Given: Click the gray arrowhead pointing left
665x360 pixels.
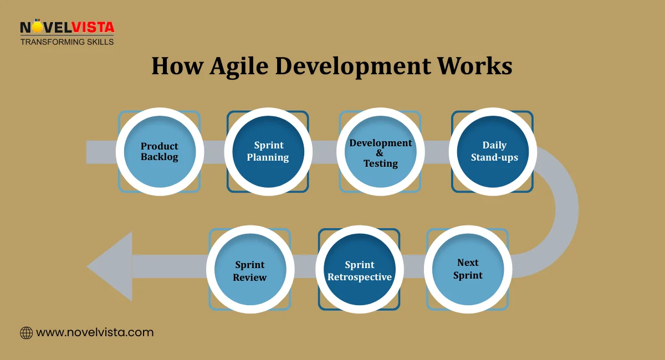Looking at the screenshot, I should tap(110, 266).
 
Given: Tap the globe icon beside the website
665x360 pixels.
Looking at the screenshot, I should tap(26, 333).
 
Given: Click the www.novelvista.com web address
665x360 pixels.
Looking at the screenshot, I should tap(95, 333).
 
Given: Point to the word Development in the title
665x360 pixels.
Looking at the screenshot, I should tap(352, 66).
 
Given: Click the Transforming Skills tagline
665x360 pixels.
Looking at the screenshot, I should tap(67, 42).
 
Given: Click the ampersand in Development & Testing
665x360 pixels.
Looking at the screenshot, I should tap(380, 153).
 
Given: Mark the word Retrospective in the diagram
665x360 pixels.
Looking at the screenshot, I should tap(360, 277).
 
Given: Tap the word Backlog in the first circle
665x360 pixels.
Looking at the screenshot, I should tap(160, 157).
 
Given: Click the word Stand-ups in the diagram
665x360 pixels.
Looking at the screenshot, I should tap(494, 157).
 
